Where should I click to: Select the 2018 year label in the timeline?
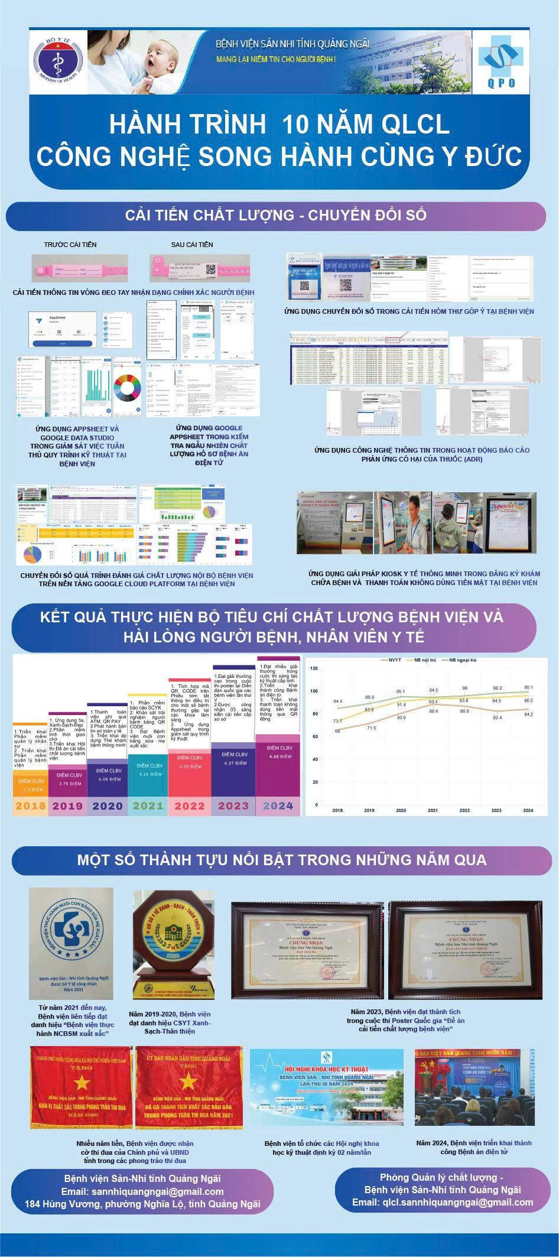(x=30, y=805)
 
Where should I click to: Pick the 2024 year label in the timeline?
(x=278, y=805)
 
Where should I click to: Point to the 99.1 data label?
(x=528, y=687)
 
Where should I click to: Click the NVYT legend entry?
(x=395, y=660)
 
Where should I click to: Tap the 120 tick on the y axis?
(x=314, y=668)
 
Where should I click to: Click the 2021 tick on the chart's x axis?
(x=433, y=811)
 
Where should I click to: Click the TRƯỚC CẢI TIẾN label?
(x=70, y=244)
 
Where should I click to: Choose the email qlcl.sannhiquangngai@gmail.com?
(x=443, y=1202)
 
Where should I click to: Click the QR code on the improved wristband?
(x=211, y=269)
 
